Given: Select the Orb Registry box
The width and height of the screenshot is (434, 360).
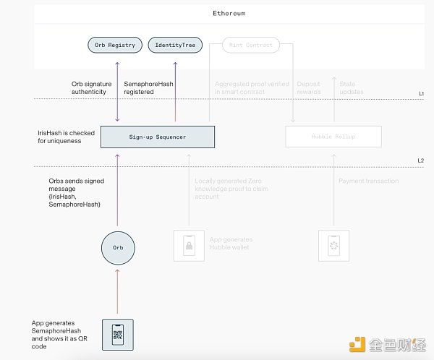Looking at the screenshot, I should tap(115, 45).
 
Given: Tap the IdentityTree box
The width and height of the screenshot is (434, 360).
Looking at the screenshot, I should tap(175, 45).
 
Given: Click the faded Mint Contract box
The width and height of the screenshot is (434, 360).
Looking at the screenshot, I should tap(250, 45).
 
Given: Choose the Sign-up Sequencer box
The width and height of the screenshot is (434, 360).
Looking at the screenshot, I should tap(157, 137).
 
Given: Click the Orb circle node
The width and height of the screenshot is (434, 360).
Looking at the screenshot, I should tap(117, 248).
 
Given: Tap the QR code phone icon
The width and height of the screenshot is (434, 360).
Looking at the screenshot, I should tap(117, 333).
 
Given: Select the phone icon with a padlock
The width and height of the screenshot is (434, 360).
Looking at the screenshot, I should tap(188, 246).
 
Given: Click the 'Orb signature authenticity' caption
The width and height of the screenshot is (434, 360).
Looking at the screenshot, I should tap(90, 87).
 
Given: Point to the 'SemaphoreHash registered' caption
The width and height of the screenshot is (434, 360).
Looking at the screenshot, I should tap(149, 87).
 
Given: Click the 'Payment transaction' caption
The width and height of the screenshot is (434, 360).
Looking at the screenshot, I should tap(368, 181).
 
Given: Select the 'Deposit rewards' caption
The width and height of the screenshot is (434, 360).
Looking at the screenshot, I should tap(309, 88).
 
